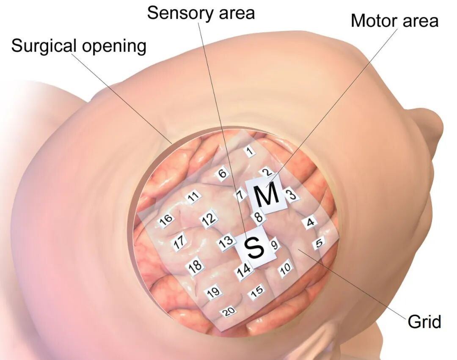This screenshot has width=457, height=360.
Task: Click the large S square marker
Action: pos(255,247)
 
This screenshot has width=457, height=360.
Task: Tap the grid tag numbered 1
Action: pos(250,151)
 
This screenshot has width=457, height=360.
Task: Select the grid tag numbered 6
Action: pos(223,174)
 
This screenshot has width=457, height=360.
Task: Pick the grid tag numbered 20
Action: pos(229,312)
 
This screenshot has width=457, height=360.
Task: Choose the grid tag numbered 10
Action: pos(286,267)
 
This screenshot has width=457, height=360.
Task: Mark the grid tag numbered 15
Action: pos(256,291)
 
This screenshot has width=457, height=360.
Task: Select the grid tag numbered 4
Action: pos(311,223)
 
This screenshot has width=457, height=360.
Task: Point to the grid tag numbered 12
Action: pos(209,218)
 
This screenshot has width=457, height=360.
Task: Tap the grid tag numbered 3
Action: pos(292,195)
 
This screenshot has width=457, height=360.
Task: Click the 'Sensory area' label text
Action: pos(201,13)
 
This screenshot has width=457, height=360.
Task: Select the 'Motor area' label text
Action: pos(394,21)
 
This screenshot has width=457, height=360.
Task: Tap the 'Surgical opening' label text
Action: pos(79,46)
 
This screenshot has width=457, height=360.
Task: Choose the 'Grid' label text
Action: pos(424,322)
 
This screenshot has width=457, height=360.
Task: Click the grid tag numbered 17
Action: pos(179,242)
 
